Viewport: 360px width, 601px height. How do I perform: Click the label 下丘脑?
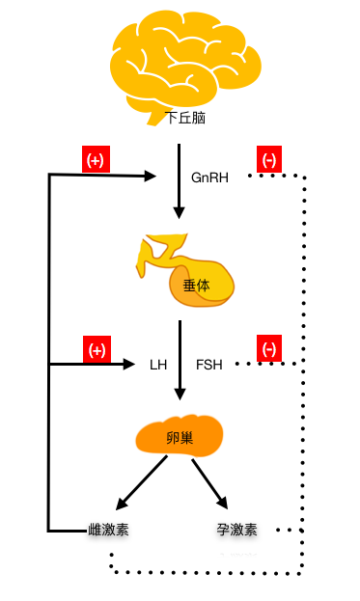[185, 118]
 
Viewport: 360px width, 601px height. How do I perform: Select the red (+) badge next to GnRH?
[96, 160]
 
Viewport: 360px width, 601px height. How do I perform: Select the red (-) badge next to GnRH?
[268, 160]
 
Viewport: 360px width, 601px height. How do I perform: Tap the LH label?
[158, 365]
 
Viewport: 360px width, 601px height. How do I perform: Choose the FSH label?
[209, 365]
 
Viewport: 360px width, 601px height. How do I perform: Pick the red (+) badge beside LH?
[96, 348]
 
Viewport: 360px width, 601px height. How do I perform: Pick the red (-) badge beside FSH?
[268, 348]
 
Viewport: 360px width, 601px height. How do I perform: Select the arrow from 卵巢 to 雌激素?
[141, 484]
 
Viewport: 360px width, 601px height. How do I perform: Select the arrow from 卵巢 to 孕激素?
[209, 484]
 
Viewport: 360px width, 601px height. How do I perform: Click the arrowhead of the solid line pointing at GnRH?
[150, 176]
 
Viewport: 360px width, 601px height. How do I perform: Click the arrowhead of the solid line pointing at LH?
[129, 364]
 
